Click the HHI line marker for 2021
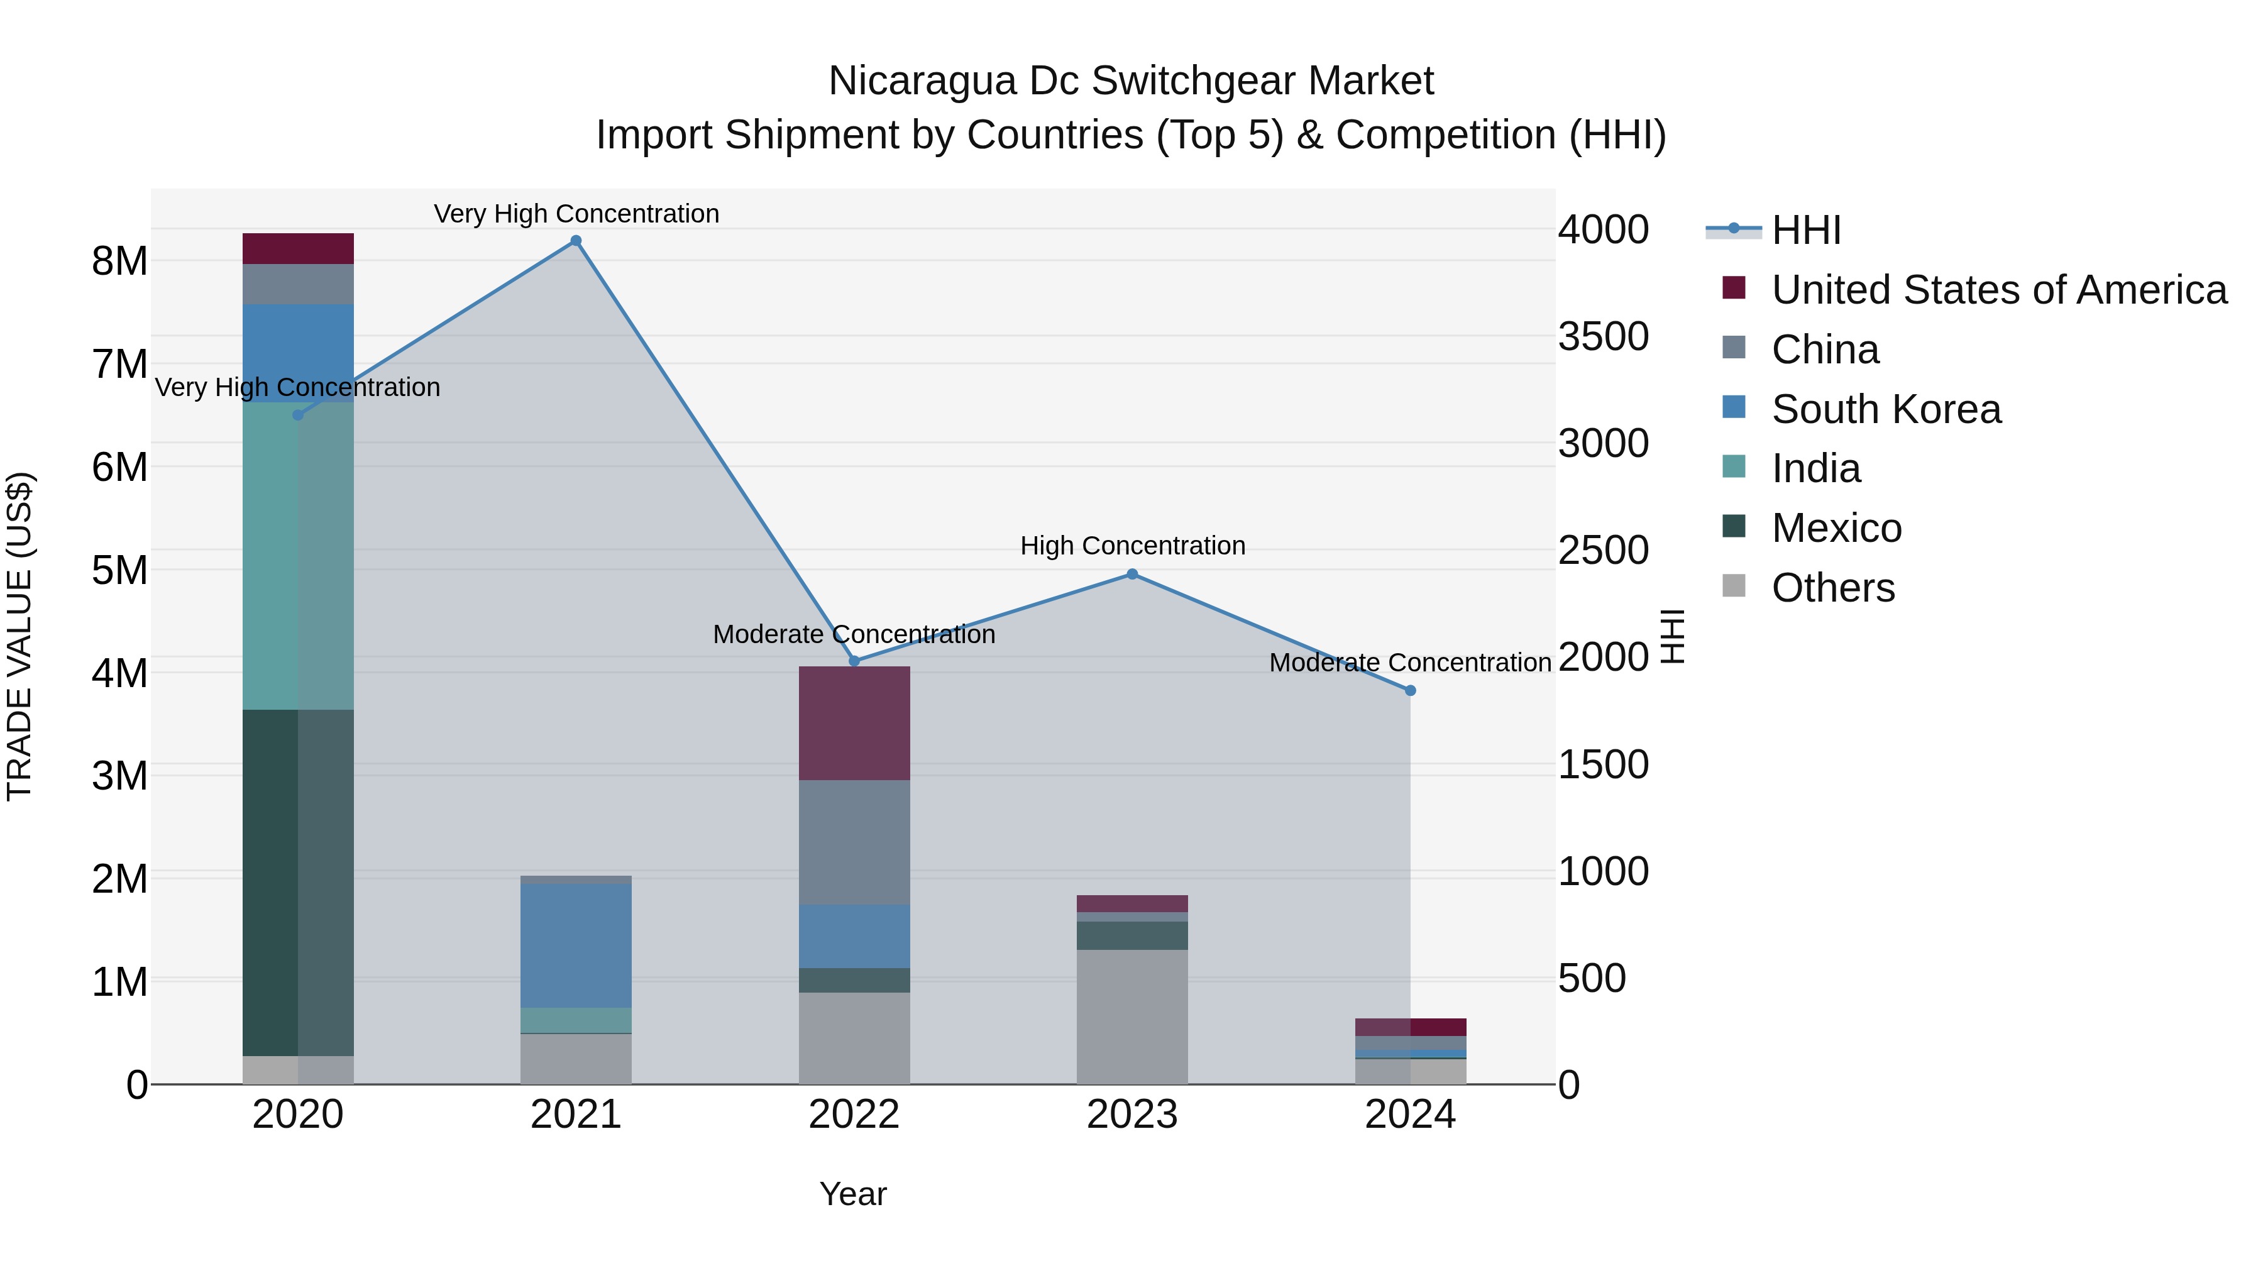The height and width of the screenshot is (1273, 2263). click(x=575, y=241)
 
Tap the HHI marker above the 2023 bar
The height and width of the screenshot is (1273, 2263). click(x=1131, y=575)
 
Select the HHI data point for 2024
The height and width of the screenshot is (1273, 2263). click(x=1410, y=690)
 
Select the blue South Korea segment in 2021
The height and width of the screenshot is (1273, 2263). click(x=575, y=945)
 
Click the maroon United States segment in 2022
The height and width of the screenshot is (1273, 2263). click(x=854, y=723)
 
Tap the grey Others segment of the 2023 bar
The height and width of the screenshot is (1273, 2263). click(x=1131, y=1017)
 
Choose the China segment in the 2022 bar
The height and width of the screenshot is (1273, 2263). click(x=854, y=842)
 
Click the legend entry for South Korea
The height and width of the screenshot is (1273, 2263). click(x=1885, y=409)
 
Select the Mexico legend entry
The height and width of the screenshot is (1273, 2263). click(x=1836, y=528)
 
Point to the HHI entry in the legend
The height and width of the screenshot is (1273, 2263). click(x=1805, y=230)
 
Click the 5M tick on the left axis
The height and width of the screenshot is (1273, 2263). click(x=119, y=570)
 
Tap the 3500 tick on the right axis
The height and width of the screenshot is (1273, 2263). click(x=1603, y=336)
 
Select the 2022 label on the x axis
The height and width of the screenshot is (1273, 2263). click(x=854, y=1115)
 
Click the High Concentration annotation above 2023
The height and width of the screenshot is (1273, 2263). click(x=1131, y=546)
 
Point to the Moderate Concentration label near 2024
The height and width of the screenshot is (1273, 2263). click(x=1409, y=663)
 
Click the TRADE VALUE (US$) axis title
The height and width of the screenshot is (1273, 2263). click(x=19, y=636)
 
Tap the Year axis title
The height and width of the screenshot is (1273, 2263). click(x=853, y=1194)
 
